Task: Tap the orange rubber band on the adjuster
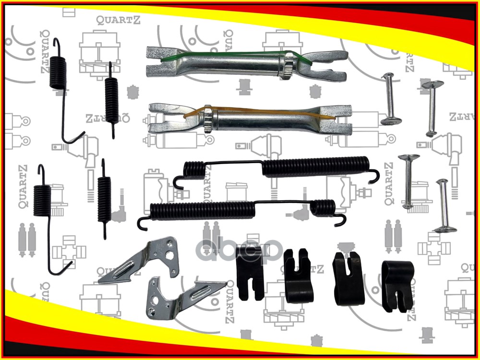(240, 111)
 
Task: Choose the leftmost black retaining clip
(249, 278)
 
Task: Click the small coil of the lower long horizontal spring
(323, 207)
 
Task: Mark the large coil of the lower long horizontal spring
(199, 210)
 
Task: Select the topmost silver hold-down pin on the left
(388, 98)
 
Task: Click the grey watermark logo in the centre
(240, 247)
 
